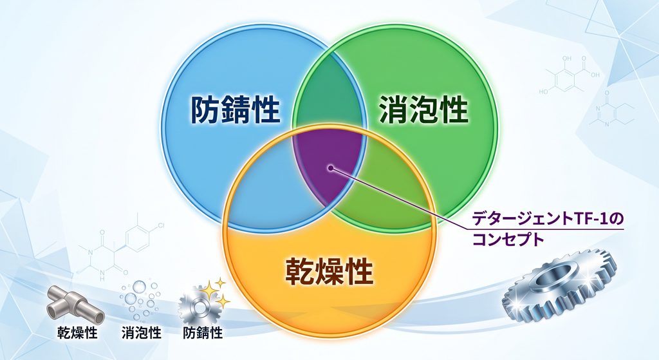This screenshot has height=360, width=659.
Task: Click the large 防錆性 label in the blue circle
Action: (x=236, y=109)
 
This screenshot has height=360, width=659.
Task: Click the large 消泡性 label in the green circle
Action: (x=423, y=109)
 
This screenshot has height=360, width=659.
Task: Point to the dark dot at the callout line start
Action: (x=331, y=168)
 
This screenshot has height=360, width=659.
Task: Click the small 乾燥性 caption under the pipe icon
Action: (x=77, y=333)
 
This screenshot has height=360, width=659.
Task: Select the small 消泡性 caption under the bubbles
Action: (x=141, y=333)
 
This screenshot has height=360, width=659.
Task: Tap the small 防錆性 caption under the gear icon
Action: (x=203, y=333)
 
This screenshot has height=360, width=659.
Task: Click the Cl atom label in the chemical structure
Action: (x=160, y=226)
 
